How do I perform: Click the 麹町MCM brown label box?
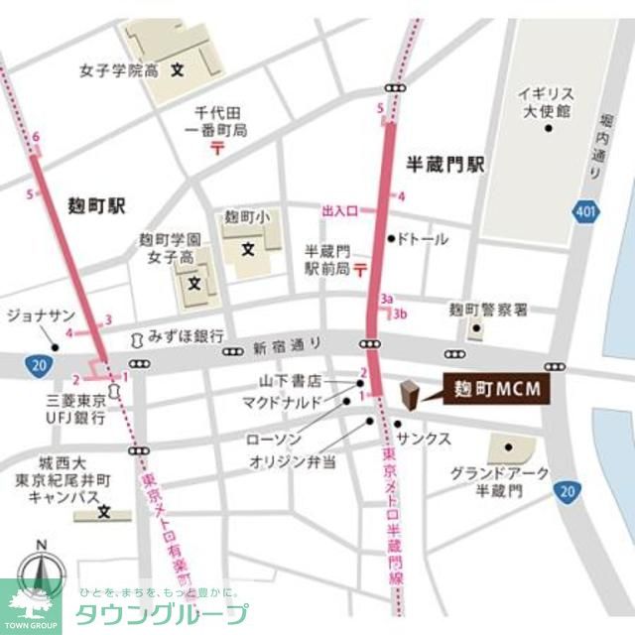[490, 389]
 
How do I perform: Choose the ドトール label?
[423, 239]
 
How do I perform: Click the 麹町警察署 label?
[488, 310]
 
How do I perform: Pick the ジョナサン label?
[39, 316]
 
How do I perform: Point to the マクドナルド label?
[283, 401]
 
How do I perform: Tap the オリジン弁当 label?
[293, 461]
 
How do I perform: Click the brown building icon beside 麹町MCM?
[407, 394]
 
